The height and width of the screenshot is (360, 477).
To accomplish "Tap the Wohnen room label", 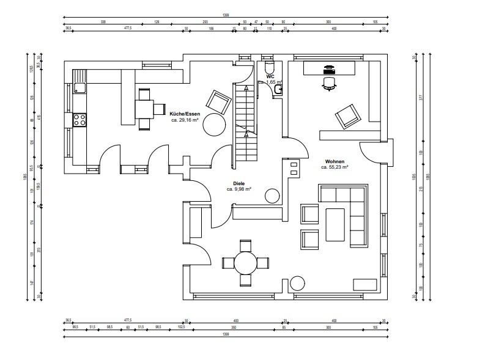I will click(335, 161).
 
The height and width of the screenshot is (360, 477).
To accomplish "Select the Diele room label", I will click(239, 183).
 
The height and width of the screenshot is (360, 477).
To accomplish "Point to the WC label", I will click(270, 76).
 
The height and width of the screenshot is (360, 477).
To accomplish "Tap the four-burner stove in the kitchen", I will click(79, 120).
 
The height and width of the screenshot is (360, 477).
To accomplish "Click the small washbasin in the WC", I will click(278, 90).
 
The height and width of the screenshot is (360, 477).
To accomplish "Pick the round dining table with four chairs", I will click(246, 263).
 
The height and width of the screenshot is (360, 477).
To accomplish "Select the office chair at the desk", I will click(329, 83).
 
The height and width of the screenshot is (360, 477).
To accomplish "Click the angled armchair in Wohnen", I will click(347, 116).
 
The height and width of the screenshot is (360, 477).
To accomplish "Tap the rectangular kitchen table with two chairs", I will click(144, 109).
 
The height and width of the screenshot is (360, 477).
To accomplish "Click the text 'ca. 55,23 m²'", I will click(335, 166).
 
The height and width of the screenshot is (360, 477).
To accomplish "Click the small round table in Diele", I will click(272, 196).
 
